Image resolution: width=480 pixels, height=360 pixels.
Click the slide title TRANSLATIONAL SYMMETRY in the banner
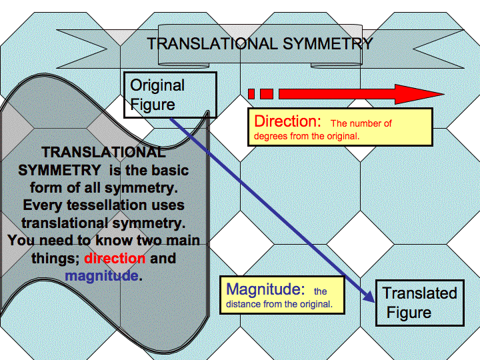[259, 44]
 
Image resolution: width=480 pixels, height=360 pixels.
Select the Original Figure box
[170, 95]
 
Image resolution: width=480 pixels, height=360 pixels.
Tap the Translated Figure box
[419, 303]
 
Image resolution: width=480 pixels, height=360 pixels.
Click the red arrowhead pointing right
[420, 94]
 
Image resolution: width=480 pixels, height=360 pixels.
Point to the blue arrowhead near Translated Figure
[369, 295]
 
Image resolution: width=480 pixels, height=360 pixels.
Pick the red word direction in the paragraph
[115, 258]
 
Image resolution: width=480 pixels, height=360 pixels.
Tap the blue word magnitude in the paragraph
[102, 275]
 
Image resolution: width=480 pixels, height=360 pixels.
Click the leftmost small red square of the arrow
[251, 94]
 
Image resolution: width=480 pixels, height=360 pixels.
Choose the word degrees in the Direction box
[271, 136]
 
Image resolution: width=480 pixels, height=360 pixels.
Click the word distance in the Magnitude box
[243, 304]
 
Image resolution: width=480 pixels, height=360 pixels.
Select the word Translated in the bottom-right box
[419, 293]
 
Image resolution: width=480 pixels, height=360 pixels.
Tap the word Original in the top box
[157, 85]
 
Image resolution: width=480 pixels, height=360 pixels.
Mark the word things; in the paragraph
[56, 258]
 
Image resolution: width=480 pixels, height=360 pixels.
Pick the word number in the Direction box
[365, 123]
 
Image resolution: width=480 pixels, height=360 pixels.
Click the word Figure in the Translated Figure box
[409, 313]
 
